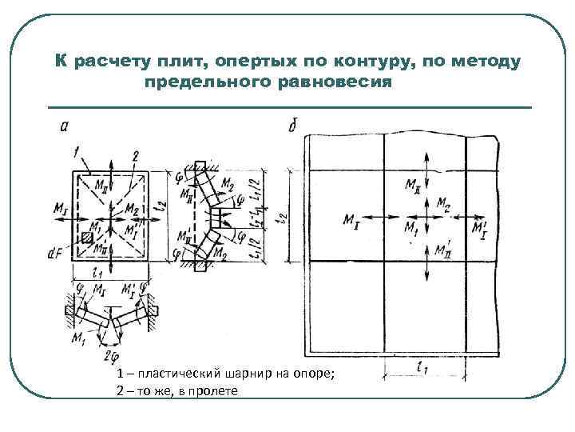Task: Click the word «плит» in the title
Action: [x=187, y=61]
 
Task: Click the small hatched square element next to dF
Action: [x=86, y=238]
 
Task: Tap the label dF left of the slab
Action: [x=55, y=253]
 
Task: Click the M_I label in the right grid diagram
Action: [x=351, y=220]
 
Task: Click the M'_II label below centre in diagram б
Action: [x=442, y=250]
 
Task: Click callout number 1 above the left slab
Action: [x=74, y=150]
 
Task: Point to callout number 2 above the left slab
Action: [x=136, y=154]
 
